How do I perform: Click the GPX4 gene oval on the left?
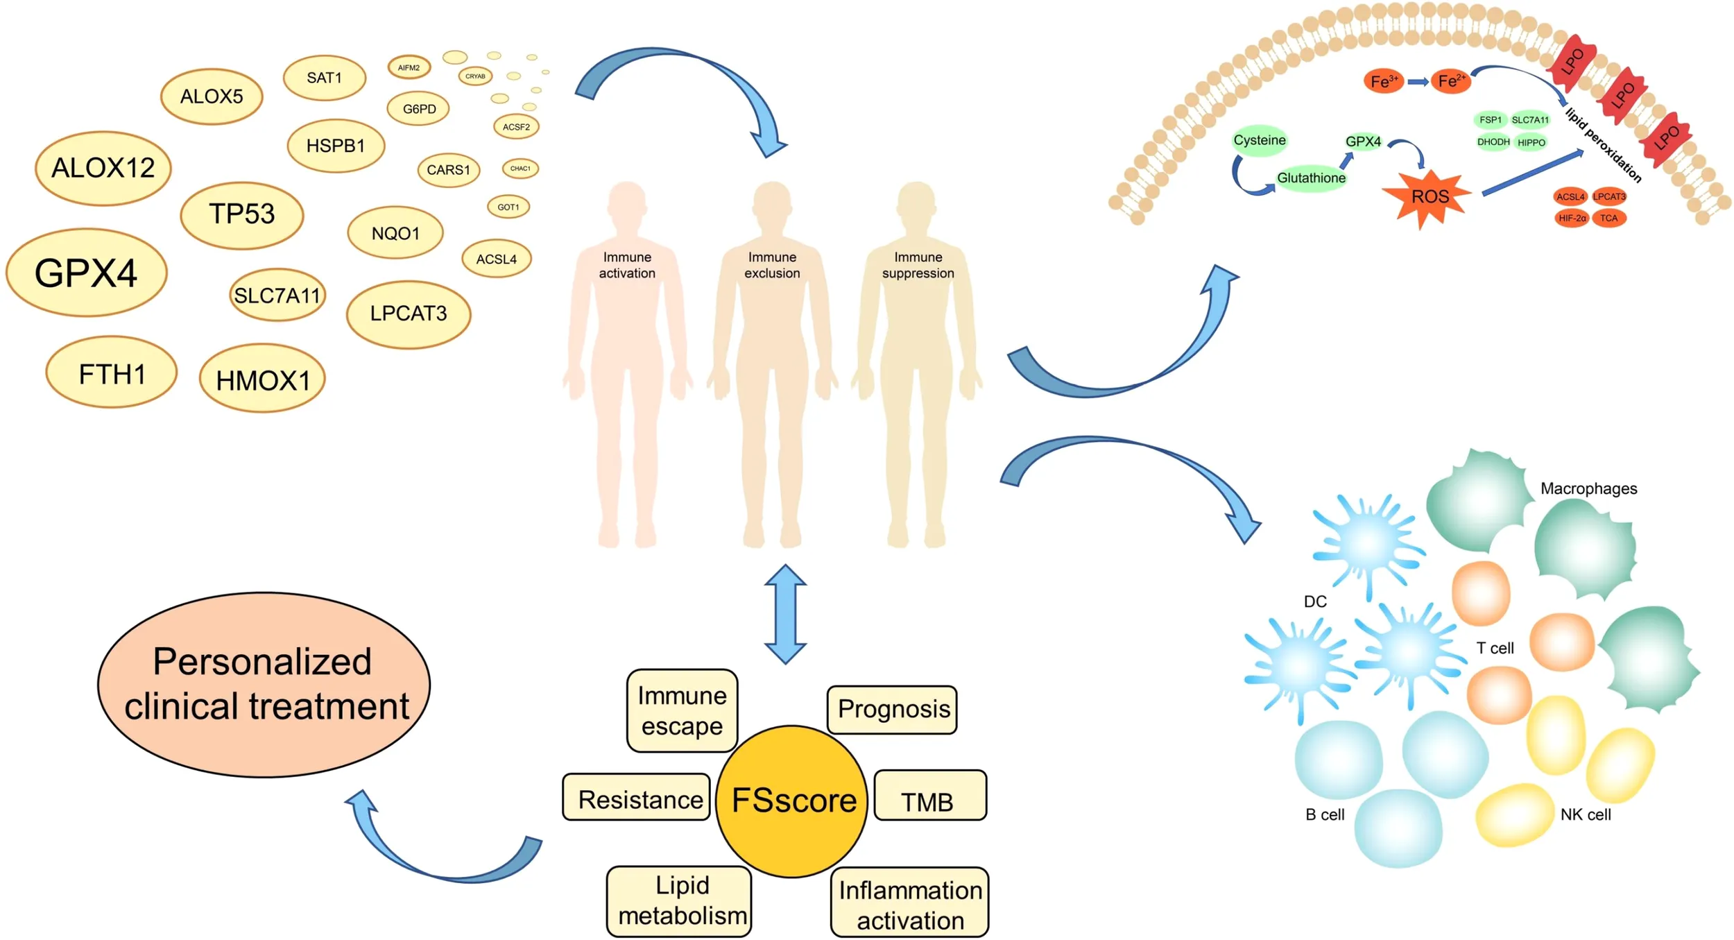click(x=86, y=273)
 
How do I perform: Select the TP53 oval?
click(x=241, y=214)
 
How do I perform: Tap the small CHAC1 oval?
click(x=520, y=169)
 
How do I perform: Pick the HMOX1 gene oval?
click(x=262, y=379)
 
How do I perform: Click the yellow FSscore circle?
click(x=792, y=801)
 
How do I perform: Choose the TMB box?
click(x=929, y=796)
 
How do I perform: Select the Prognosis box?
click(x=893, y=709)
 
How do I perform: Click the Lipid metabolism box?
click(x=680, y=901)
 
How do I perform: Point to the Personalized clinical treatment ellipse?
click(x=264, y=684)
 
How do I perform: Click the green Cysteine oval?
click(x=1259, y=140)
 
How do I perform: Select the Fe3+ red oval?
click(x=1382, y=82)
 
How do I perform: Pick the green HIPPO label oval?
click(x=1531, y=143)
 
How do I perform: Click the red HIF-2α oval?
click(x=1572, y=218)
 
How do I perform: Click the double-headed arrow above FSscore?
click(x=785, y=614)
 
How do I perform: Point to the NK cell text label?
click(x=1586, y=815)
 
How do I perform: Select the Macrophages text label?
click(x=1588, y=488)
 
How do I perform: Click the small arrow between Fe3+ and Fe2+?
click(x=1417, y=82)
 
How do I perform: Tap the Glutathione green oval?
click(x=1311, y=178)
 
